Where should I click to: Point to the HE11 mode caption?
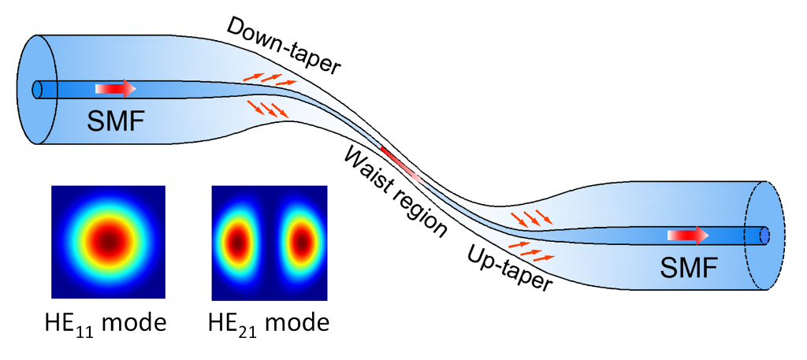pos(108,323)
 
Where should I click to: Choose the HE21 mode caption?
pos(269,323)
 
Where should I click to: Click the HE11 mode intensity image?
pos(108,242)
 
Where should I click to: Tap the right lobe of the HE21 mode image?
pos(300,243)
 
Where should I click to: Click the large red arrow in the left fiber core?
pos(116,89)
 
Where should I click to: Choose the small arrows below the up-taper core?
pos(531,254)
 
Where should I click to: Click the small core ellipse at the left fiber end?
pos(36,89)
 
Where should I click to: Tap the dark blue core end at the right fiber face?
pos(764,235)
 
